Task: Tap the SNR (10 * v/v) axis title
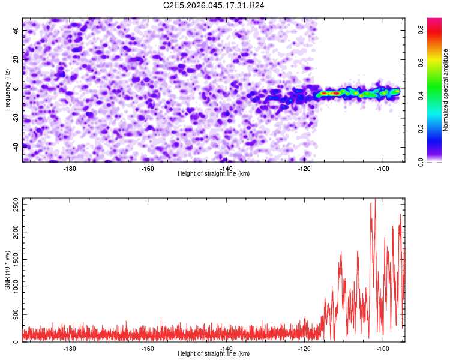pyautogui.click(x=8, y=270)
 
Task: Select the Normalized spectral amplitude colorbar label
pyautogui.click(x=446, y=90)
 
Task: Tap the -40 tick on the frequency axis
pyautogui.click(x=16, y=147)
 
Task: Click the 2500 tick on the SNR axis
pyautogui.click(x=13, y=206)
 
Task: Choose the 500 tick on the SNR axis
pyautogui.click(x=14, y=315)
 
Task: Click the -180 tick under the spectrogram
pyautogui.click(x=70, y=169)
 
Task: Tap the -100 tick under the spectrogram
pyautogui.click(x=382, y=169)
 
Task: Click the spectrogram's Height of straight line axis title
pyautogui.click(x=214, y=174)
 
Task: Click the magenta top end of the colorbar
pyautogui.click(x=434, y=21)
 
